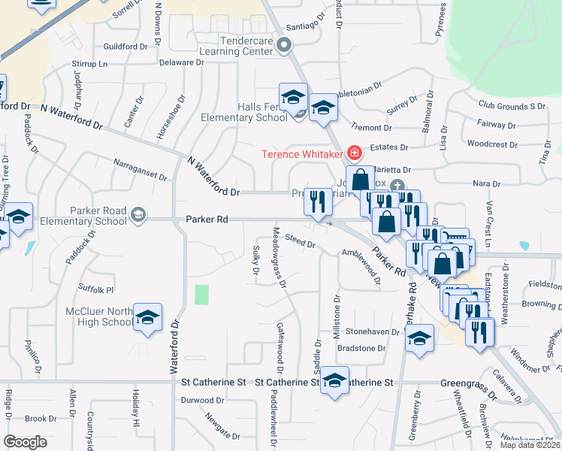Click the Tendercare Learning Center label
[x=234, y=46]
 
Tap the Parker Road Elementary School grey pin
[x=137, y=216]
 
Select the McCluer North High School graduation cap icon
[x=148, y=318]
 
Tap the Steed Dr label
[x=301, y=241]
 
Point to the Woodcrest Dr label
[x=490, y=143]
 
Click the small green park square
[x=201, y=295]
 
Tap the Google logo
[x=25, y=442]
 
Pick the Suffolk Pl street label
[x=96, y=289]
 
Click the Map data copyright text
[x=529, y=445]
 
